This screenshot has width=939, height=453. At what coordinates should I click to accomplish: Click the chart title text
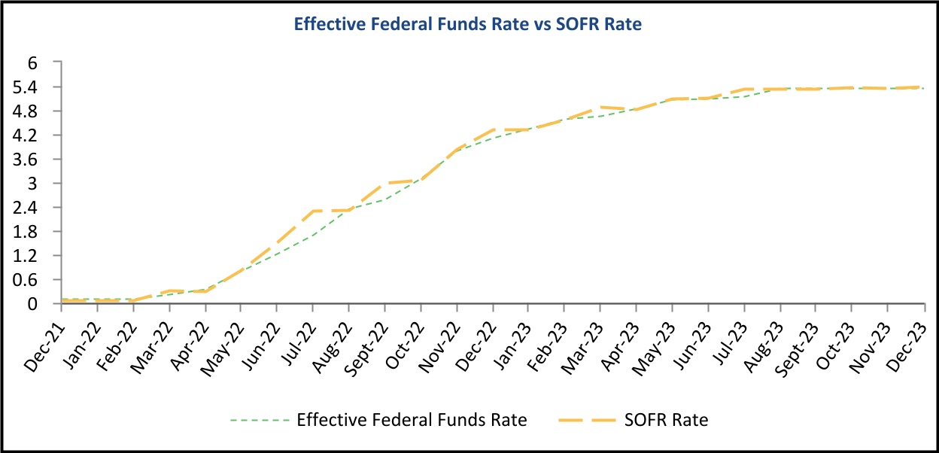(x=467, y=24)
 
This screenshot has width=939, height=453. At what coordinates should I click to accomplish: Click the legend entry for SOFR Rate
(x=664, y=420)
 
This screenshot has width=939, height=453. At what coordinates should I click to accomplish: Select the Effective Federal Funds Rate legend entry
(x=412, y=420)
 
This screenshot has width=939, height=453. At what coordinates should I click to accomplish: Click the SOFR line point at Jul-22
(x=312, y=211)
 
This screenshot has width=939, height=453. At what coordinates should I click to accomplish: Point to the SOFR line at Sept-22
(x=384, y=183)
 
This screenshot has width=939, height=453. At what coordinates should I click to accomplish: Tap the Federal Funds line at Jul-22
(x=312, y=236)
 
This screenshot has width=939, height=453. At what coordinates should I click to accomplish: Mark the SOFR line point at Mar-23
(x=600, y=107)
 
